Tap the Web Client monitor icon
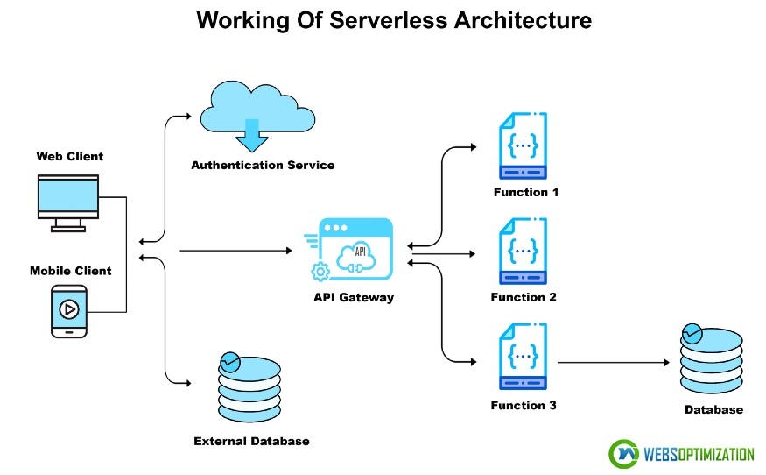coord(68,201)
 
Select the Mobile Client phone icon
coord(68,311)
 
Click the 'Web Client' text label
coord(69,157)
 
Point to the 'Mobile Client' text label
coord(70,271)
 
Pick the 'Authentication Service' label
coord(263,165)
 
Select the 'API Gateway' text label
coord(354,297)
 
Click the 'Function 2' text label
coord(524,297)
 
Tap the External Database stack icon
coord(249,389)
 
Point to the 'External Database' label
coord(251,441)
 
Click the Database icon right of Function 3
coord(711,361)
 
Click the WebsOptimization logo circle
coord(623,454)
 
